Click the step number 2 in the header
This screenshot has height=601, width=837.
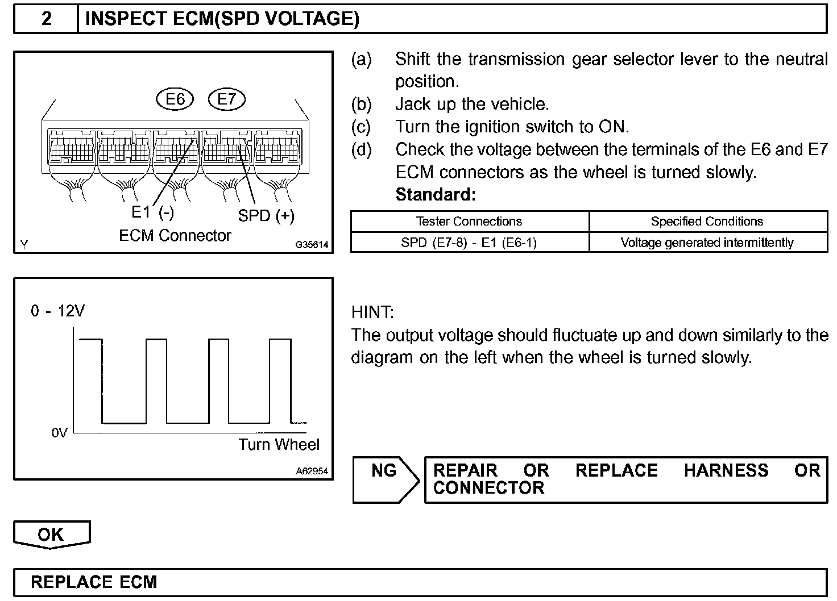(46, 19)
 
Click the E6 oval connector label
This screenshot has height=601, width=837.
(175, 99)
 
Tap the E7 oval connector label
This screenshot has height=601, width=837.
(226, 99)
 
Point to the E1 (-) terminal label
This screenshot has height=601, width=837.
(152, 212)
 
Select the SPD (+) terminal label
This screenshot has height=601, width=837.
(266, 216)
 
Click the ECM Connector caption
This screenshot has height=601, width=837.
(175, 235)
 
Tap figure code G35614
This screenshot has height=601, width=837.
(312, 245)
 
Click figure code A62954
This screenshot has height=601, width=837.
(312, 471)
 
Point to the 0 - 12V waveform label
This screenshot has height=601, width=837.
(57, 311)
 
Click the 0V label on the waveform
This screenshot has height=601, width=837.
(59, 433)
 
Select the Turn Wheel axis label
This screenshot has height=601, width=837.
(279, 444)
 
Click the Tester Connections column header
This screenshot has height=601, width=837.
(469, 222)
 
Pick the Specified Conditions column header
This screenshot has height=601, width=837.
(707, 222)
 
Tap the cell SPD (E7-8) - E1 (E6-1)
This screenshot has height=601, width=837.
(469, 243)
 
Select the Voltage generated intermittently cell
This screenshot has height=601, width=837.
(707, 243)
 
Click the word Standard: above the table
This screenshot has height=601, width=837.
(435, 195)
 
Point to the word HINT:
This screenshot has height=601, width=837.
(372, 312)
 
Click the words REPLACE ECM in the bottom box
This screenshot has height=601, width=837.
(94, 582)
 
